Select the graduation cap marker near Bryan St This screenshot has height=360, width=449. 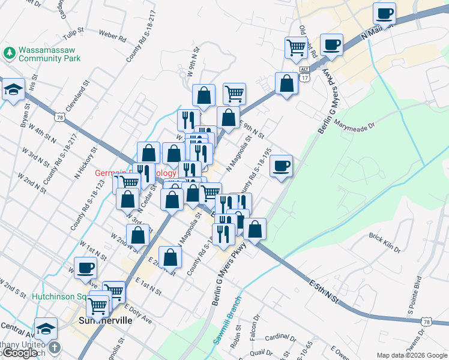(x=13, y=91)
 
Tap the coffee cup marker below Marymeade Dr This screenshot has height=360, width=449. (x=280, y=166)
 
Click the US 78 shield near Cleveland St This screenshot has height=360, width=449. (x=59, y=118)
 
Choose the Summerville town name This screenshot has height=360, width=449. (x=105, y=320)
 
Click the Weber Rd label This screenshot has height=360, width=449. (x=112, y=37)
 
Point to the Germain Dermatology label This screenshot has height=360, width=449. (x=135, y=173)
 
